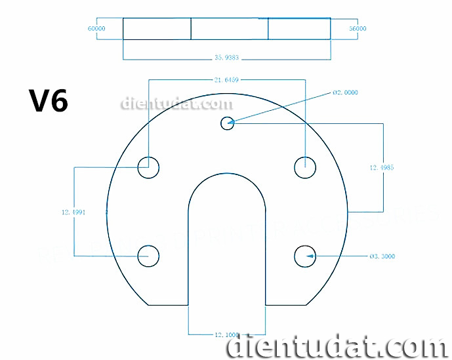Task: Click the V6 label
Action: [x=48, y=101]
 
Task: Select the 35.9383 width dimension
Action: [x=226, y=58]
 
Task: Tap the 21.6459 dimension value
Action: [x=226, y=79]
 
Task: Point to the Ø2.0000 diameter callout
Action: [x=346, y=93]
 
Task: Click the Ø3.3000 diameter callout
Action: [x=382, y=256]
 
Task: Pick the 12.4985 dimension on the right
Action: [x=382, y=167]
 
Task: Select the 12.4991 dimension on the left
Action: [x=74, y=212]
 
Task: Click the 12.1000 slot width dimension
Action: [x=226, y=334]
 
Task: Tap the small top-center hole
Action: [x=228, y=122]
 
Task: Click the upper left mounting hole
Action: [x=148, y=167]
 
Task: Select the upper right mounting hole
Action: [x=305, y=167]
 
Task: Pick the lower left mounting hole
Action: [x=148, y=256]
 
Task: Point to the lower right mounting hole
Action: [x=305, y=256]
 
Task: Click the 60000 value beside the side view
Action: [x=96, y=29]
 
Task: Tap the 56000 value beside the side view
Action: [x=358, y=29]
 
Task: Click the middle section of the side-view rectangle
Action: [x=229, y=29]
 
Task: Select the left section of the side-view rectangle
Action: [x=156, y=29]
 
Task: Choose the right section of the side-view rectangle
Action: [x=299, y=29]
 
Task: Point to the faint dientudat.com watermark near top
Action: [x=176, y=104]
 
